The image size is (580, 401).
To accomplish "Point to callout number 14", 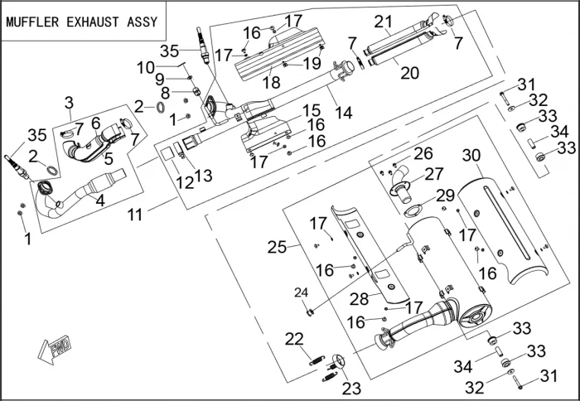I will (x=341, y=111).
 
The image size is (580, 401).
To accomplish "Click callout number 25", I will (x=276, y=246).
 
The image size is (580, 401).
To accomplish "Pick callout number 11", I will (x=136, y=214).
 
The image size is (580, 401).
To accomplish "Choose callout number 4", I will (x=100, y=198).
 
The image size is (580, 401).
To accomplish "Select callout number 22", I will (x=294, y=338).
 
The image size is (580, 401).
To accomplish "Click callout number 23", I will (x=351, y=388).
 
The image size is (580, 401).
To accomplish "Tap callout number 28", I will (x=359, y=297).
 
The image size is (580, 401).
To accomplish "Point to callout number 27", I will (x=434, y=174).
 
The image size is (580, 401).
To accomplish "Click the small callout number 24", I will (x=301, y=292).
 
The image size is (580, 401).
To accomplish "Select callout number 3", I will (x=70, y=103).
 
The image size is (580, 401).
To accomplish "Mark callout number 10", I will (x=145, y=65).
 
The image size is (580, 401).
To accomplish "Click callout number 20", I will (x=409, y=72).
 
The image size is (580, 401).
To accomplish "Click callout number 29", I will (x=445, y=195).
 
